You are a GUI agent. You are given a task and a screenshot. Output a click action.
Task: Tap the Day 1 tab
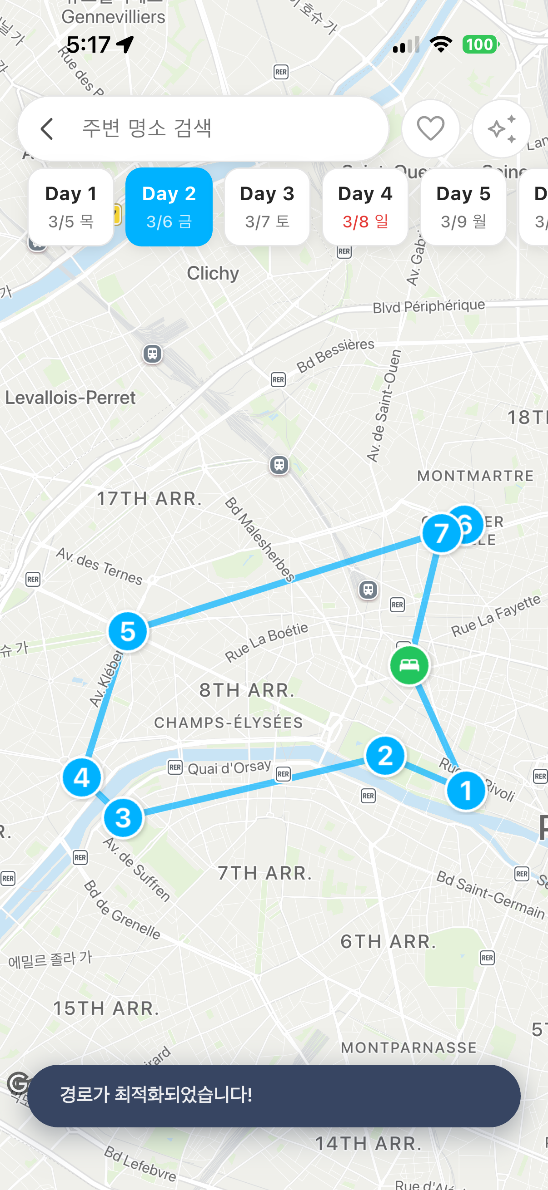click(x=71, y=207)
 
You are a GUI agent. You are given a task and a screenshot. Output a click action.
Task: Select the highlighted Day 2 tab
click(x=169, y=207)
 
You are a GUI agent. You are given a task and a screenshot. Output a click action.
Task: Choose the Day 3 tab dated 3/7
click(x=267, y=207)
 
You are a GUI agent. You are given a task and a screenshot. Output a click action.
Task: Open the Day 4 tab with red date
click(x=365, y=207)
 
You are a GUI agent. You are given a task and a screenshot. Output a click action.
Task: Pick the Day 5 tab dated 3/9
click(x=463, y=207)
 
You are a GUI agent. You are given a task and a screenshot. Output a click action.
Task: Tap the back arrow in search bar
click(x=47, y=128)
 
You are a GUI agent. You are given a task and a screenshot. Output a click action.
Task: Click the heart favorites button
click(x=430, y=128)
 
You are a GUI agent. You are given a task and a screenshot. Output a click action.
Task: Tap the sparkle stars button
click(x=501, y=128)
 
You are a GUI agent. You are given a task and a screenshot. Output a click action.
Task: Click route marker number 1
click(x=466, y=791)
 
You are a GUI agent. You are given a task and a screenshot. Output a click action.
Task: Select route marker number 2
click(x=385, y=756)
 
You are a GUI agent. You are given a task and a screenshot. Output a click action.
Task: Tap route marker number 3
click(x=123, y=818)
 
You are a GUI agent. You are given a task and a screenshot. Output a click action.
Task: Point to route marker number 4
click(x=82, y=777)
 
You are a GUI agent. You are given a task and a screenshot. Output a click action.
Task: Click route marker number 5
click(x=128, y=631)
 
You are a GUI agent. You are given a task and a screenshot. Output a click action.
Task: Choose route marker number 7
click(x=441, y=533)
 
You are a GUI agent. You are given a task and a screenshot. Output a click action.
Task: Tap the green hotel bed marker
click(x=409, y=665)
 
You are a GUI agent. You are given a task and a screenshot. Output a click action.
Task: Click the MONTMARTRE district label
click(x=475, y=476)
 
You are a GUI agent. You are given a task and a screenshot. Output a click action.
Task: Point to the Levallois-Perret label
click(x=70, y=398)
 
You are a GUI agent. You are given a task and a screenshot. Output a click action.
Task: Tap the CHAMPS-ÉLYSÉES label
click(x=229, y=723)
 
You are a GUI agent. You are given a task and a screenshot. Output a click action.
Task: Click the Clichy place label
click(x=213, y=273)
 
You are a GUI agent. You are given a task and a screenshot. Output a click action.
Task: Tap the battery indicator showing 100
click(x=480, y=45)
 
